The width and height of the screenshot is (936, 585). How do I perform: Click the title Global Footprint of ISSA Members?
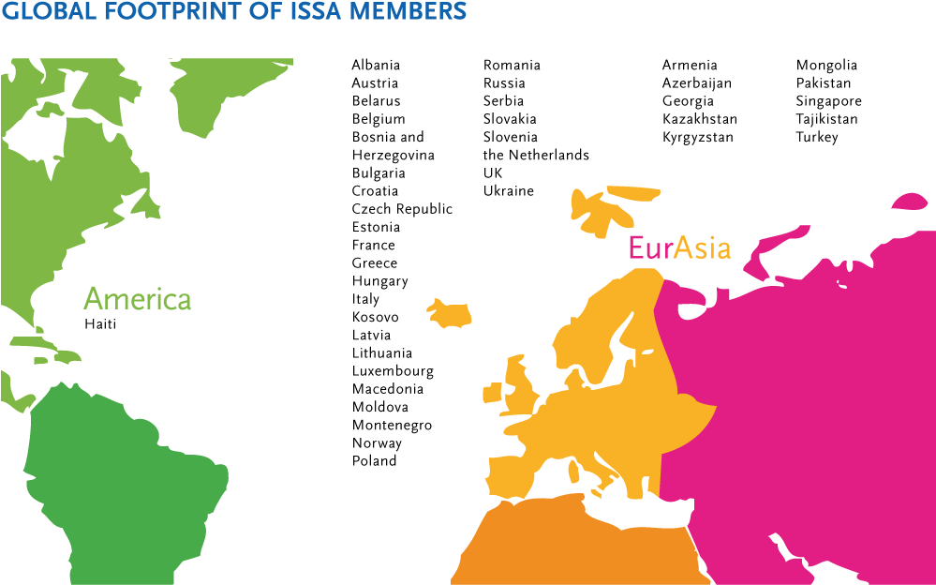tap(234, 13)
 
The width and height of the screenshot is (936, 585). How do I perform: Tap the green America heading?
tap(137, 299)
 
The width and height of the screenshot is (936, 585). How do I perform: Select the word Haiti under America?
tap(100, 324)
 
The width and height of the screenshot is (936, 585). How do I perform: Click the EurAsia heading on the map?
tap(679, 247)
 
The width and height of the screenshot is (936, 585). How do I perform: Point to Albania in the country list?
tap(376, 66)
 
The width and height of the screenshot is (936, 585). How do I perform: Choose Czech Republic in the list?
tap(402, 209)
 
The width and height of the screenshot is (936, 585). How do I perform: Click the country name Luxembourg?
tap(393, 371)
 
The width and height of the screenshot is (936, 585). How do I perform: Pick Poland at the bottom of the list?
tap(374, 461)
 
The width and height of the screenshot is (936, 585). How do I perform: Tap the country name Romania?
tap(512, 66)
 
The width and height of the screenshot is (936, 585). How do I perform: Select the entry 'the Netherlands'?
tap(536, 155)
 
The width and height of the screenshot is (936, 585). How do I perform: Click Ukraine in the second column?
tap(508, 191)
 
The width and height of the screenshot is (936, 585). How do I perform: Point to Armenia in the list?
tap(690, 66)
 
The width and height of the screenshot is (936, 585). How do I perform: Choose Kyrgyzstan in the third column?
tap(697, 138)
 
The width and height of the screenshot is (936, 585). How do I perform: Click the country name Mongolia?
tap(826, 66)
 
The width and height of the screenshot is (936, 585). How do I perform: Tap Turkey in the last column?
tap(817, 138)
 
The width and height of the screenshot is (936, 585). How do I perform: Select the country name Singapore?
tap(828, 101)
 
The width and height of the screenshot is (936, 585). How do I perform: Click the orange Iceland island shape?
tap(450, 313)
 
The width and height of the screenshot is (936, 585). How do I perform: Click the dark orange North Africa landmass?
tap(562, 548)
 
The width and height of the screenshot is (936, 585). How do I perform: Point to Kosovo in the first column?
tap(375, 317)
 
